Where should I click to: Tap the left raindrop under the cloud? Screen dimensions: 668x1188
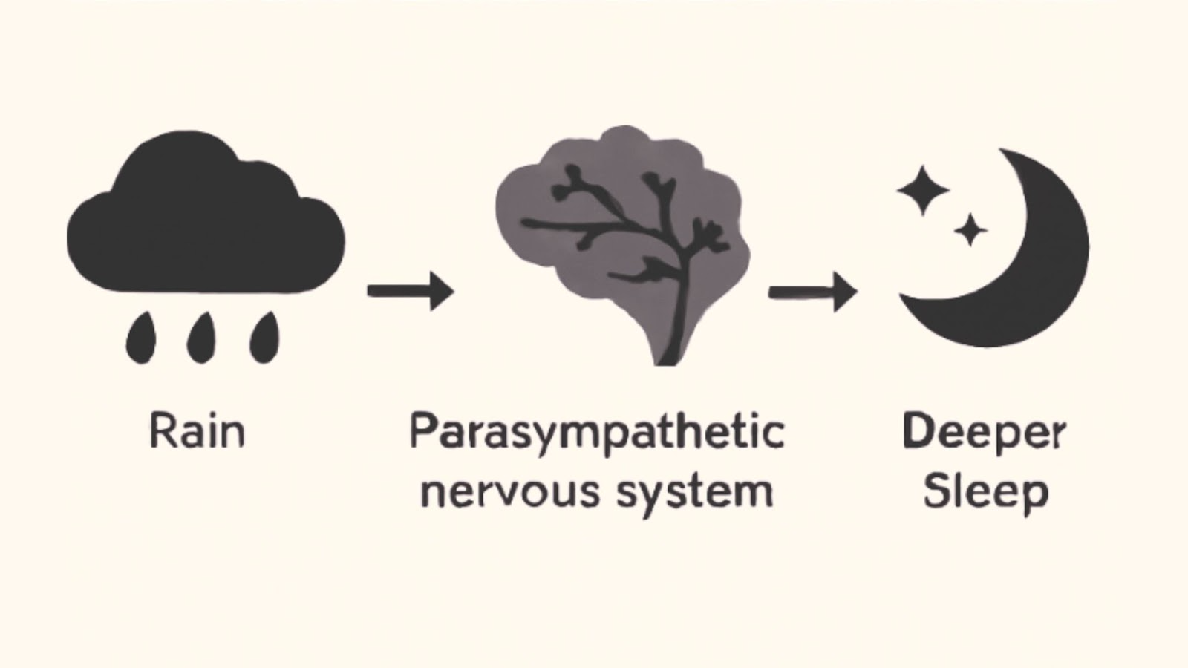click(x=141, y=339)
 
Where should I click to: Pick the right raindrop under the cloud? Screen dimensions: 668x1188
click(x=264, y=339)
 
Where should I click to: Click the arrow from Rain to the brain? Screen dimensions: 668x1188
click(x=410, y=290)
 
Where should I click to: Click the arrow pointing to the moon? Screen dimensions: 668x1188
click(x=812, y=291)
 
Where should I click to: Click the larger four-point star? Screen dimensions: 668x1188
click(x=923, y=190)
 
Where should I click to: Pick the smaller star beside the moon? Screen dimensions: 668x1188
click(x=969, y=230)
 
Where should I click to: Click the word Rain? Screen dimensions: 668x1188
click(x=197, y=431)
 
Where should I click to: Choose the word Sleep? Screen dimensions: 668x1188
click(x=985, y=492)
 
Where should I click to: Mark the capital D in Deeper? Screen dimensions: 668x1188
click(x=916, y=431)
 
